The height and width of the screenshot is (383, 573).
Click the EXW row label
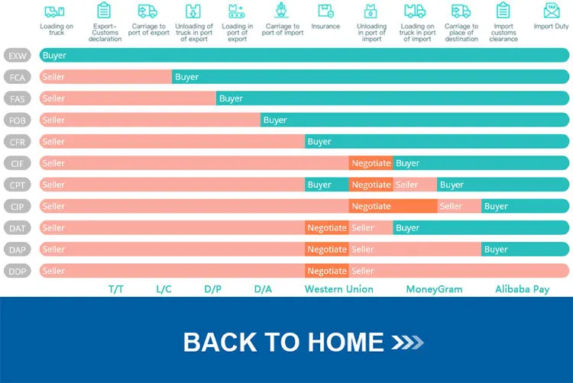tap(18, 56)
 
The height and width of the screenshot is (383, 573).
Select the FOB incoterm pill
tap(18, 121)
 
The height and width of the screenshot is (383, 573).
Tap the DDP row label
tap(18, 271)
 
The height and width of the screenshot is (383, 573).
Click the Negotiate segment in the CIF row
tap(371, 163)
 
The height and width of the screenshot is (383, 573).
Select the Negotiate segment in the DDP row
tap(327, 271)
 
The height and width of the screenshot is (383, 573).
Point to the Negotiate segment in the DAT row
tap(327, 227)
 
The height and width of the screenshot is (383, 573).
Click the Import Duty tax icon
tap(551, 11)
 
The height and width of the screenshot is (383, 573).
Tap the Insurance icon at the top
tap(325, 11)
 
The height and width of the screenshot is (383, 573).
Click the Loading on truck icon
tap(56, 11)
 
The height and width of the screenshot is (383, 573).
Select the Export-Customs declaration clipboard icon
tap(105, 11)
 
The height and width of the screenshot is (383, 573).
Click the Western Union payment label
tap(339, 289)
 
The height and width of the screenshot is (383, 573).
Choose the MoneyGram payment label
tap(434, 289)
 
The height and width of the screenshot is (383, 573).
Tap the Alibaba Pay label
tap(522, 289)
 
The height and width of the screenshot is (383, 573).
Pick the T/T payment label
tap(116, 289)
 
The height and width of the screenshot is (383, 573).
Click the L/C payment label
tap(163, 289)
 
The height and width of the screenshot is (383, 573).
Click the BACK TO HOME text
tap(283, 342)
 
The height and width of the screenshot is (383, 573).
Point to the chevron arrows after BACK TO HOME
tap(406, 343)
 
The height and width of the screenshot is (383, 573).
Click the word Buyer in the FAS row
tap(231, 98)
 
